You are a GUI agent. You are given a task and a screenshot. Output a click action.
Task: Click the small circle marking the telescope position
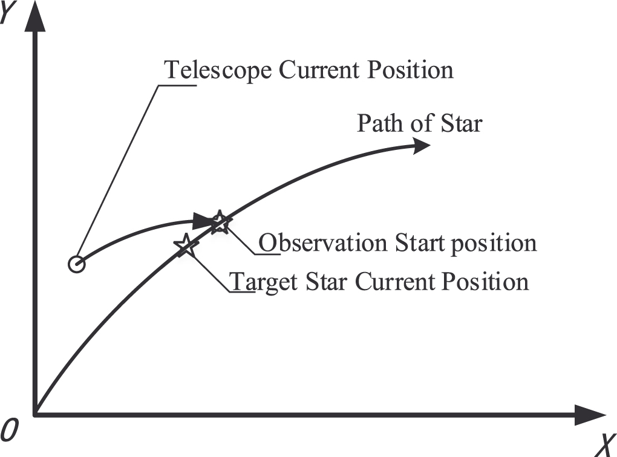pos(76,264)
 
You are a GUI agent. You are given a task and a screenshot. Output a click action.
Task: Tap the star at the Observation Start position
pos(220,222)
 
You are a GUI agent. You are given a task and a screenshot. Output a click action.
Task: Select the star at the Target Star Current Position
pos(186,245)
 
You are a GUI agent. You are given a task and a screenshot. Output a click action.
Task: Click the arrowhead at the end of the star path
pos(419,146)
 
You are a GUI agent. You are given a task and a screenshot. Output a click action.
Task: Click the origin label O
pos(9,430)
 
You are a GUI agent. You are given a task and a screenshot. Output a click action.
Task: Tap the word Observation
pos(323,243)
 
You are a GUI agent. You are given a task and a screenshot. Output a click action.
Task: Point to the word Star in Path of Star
pos(461,123)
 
